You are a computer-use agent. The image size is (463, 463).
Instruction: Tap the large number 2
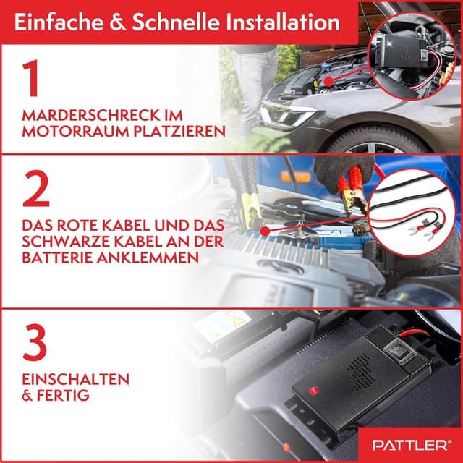(x=36, y=188)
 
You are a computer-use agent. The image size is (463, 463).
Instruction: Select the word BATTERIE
(x=61, y=259)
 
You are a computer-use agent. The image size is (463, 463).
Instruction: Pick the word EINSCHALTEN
(x=76, y=379)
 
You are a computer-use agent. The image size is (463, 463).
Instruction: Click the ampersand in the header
(x=114, y=22)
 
